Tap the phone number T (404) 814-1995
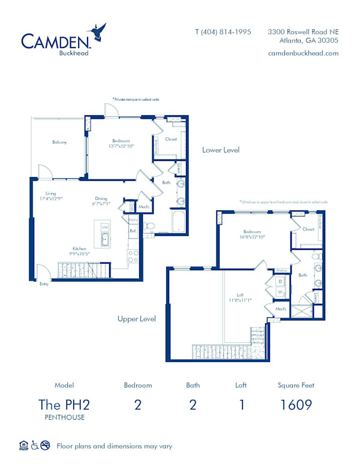click(223, 31)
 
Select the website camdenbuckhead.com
click(304, 53)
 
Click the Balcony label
click(59, 142)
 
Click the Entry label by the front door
click(44, 284)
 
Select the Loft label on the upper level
click(240, 296)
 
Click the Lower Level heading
click(220, 150)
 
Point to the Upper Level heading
click(136, 319)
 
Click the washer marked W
click(280, 292)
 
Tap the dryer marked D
click(280, 281)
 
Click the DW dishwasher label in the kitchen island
click(104, 227)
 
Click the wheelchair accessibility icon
click(35, 446)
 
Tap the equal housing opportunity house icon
click(24, 446)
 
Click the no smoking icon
click(46, 446)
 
